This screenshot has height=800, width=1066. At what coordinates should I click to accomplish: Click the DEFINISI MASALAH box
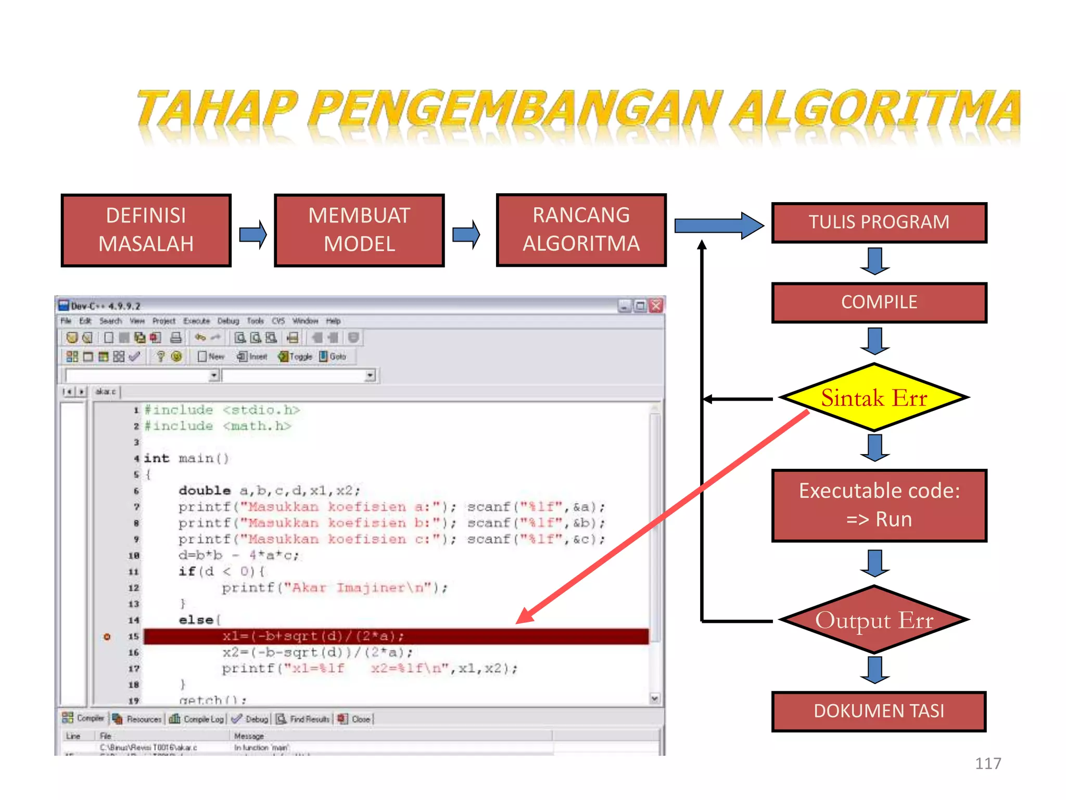click(x=146, y=230)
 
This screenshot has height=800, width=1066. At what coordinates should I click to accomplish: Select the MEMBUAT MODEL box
click(x=359, y=230)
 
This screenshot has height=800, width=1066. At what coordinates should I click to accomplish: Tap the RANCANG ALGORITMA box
click(x=581, y=230)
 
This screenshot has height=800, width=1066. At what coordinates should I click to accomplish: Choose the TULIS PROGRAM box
click(x=879, y=222)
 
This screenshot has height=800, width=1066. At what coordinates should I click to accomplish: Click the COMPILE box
click(x=879, y=303)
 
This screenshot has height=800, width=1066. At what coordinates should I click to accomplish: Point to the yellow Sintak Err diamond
click(x=874, y=398)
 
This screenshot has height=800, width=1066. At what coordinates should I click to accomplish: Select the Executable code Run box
click(x=879, y=505)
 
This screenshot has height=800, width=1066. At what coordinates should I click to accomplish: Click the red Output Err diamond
click(x=874, y=620)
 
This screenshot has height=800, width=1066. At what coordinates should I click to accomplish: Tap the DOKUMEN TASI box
click(x=879, y=711)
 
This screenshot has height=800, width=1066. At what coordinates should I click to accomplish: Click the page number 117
click(x=987, y=764)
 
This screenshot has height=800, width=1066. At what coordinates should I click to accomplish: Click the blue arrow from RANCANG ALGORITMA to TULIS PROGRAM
click(x=719, y=226)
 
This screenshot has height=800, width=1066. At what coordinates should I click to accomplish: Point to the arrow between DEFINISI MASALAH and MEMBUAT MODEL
click(x=253, y=234)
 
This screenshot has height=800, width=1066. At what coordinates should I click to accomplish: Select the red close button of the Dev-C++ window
click(x=656, y=306)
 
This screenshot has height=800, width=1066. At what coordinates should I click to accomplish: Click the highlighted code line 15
click(x=396, y=636)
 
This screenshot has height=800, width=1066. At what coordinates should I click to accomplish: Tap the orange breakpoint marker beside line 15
click(x=107, y=636)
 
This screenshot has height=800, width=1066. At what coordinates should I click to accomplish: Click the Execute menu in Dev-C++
click(x=196, y=321)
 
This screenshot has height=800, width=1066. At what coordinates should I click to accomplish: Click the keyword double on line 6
click(x=204, y=491)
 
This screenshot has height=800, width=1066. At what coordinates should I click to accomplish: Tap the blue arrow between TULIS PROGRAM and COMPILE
click(x=875, y=261)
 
